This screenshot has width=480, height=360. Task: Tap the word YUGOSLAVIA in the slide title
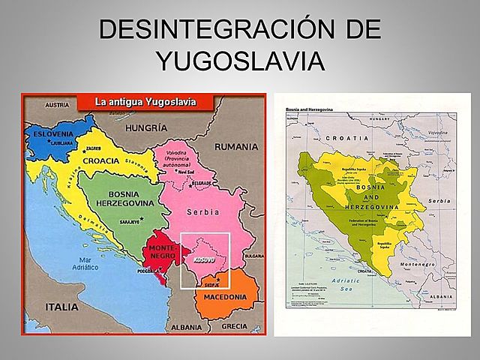coord(240,61)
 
